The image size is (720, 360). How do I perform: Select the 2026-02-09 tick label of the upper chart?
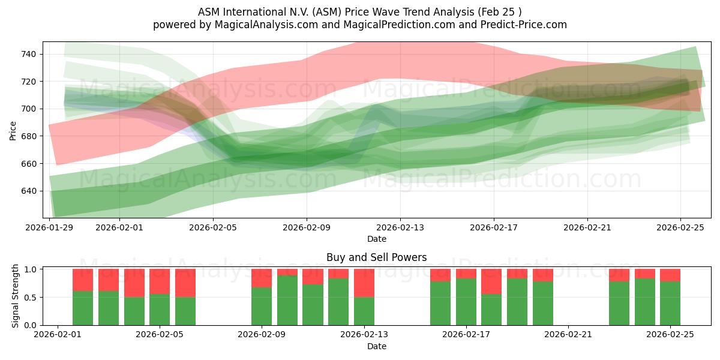[x=307, y=227]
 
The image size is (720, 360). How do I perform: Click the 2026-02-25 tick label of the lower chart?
[x=670, y=335]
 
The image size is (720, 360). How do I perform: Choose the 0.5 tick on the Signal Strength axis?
[x=32, y=297]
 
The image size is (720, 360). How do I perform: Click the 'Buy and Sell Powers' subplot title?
[x=376, y=257]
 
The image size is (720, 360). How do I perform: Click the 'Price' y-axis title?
[x=14, y=130]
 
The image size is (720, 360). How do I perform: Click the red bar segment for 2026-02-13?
[x=364, y=283]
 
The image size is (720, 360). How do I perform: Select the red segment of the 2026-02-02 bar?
[x=83, y=280]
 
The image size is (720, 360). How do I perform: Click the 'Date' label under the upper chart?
[x=376, y=239]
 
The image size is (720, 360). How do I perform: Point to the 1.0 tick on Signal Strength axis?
[x=32, y=269]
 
